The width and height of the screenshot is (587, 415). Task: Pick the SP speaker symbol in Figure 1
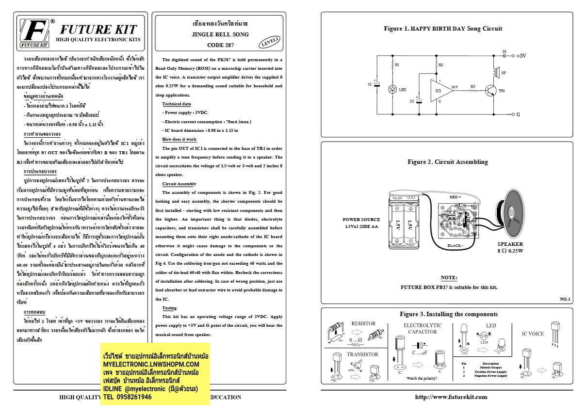[x=496, y=73]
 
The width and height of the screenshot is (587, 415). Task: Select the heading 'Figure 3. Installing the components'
[x=449, y=314]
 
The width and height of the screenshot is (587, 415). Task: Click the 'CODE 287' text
[x=220, y=45]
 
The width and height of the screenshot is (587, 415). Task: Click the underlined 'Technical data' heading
[x=176, y=104]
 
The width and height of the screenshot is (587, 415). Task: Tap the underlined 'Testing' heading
[x=169, y=308]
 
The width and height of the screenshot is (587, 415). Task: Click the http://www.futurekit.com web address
[x=451, y=397]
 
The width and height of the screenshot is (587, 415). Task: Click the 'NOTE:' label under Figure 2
[x=449, y=277]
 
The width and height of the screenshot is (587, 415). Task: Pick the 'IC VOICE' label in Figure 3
[x=533, y=334]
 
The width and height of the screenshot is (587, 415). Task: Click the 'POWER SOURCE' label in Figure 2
[x=361, y=220]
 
